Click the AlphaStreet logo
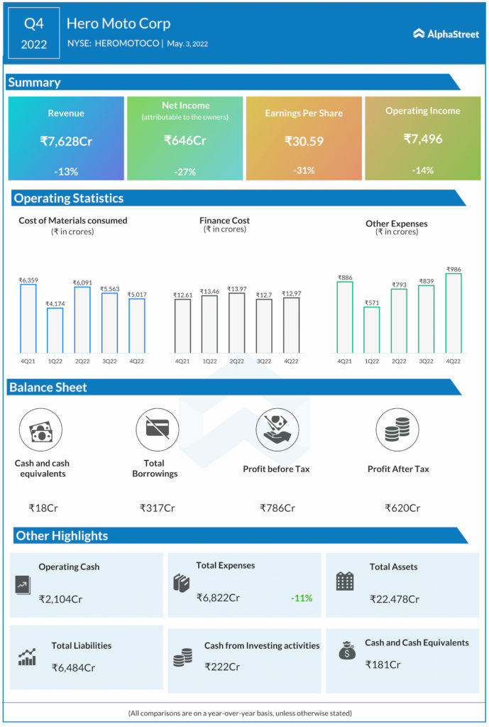(x=446, y=33)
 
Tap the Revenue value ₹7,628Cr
(x=66, y=141)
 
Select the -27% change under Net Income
(x=185, y=172)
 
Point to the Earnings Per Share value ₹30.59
(x=304, y=141)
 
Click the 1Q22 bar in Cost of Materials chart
(x=55, y=330)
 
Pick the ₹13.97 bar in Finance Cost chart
(x=237, y=323)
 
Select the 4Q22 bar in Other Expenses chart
(x=453, y=313)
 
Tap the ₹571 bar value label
(x=372, y=302)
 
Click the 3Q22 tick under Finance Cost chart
(x=264, y=361)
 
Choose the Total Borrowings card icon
(x=157, y=430)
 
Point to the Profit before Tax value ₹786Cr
(x=277, y=508)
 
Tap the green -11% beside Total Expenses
(x=302, y=598)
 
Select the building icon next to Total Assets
(x=345, y=581)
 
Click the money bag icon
(x=347, y=650)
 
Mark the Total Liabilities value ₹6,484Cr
(x=73, y=667)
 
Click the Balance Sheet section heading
(x=48, y=388)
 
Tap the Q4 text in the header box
(x=34, y=23)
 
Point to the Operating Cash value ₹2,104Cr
(x=60, y=598)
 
